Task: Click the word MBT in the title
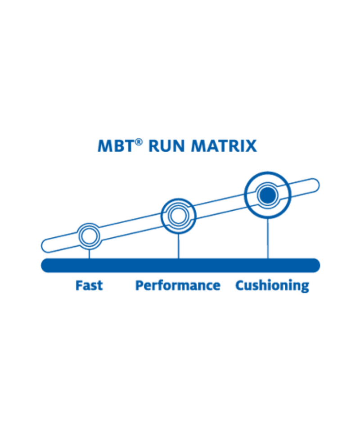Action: [116, 146]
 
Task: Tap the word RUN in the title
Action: [166, 146]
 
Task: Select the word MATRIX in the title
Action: [224, 146]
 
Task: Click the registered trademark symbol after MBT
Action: [139, 142]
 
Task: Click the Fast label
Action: [89, 285]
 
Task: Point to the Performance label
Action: [178, 285]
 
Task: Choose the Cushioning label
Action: [272, 286]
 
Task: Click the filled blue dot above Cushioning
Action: [268, 195]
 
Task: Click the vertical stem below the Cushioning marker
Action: [268, 238]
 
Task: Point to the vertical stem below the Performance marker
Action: [179, 246]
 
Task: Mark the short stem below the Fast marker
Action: [89, 253]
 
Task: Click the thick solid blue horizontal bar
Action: [180, 265]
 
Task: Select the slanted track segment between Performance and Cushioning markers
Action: [220, 206]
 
